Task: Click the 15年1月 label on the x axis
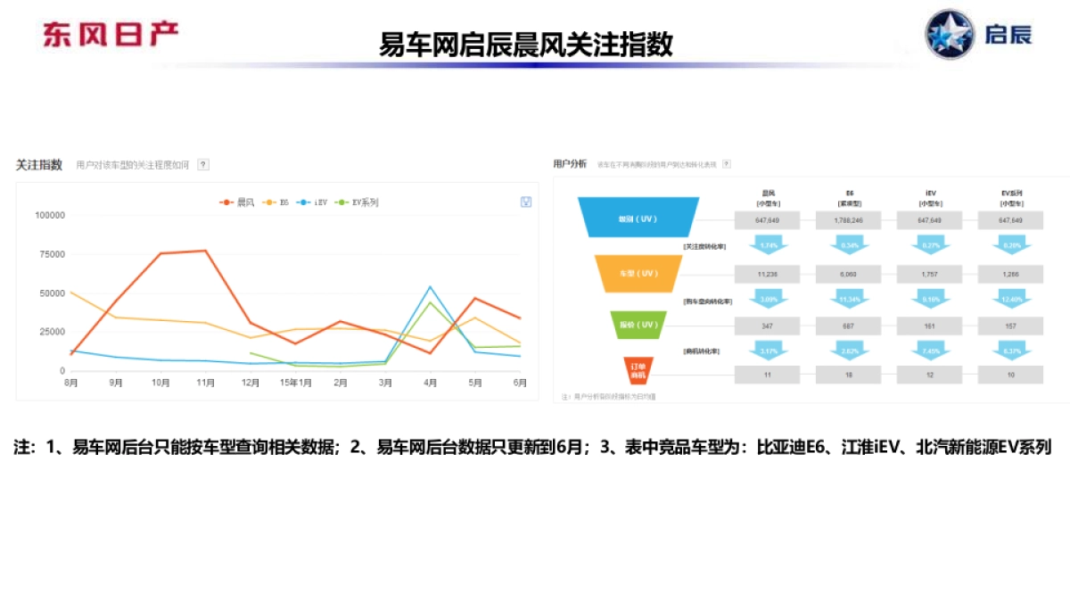pos(295,383)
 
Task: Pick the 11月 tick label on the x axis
pos(206,383)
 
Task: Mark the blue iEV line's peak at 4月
pos(430,286)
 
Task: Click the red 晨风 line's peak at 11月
pos(206,251)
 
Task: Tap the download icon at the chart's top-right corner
pos(526,202)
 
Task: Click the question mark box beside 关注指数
pos(203,165)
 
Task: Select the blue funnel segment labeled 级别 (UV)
pos(638,219)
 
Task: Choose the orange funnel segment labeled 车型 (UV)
pos(638,273)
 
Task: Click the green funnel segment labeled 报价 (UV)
pos(638,326)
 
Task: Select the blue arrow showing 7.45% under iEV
pos(930,350)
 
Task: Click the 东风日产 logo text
pos(111,34)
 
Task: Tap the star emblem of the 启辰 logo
pos(950,35)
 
